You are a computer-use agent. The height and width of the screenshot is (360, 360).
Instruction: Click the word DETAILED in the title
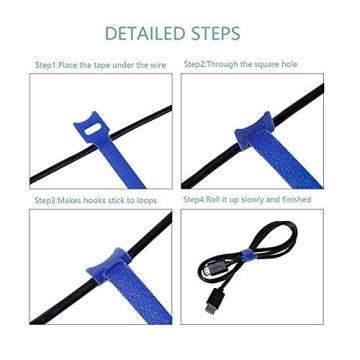coord(144,34)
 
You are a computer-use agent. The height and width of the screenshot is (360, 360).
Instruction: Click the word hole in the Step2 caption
coord(289,64)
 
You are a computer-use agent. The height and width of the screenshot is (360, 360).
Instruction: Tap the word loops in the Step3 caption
coord(146,201)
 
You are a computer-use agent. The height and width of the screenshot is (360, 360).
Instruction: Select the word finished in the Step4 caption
coord(297,200)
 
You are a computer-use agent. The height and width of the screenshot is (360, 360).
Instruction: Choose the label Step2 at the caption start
coord(194,64)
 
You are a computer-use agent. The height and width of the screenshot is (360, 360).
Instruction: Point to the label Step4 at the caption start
coord(194,200)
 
